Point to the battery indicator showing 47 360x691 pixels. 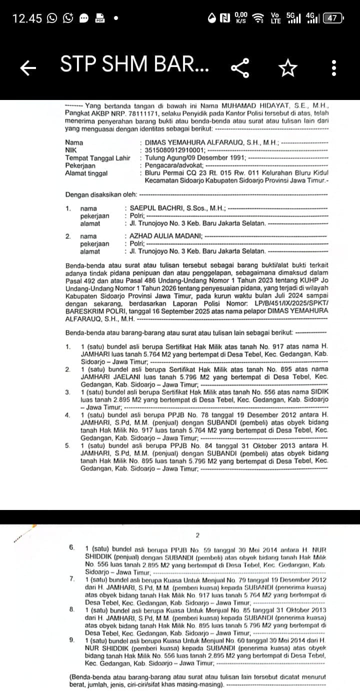tap(333, 18)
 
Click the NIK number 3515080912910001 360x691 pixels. tap(174, 150)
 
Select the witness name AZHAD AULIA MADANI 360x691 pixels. tap(165, 236)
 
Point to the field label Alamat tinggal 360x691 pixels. tap(86, 173)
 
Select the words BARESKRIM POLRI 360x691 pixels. tap(88, 311)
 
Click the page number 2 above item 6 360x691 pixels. tap(197, 535)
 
